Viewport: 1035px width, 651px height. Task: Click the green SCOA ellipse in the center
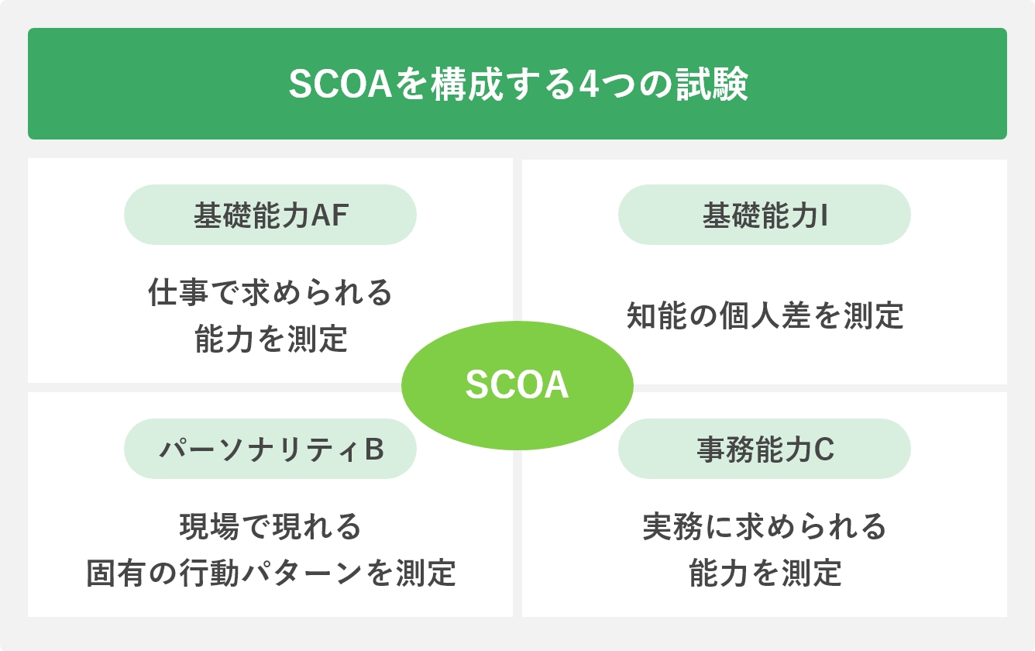click(517, 385)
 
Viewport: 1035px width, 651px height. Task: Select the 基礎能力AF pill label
click(270, 215)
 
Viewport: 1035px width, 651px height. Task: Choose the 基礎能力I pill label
click(764, 215)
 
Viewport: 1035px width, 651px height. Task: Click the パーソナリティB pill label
click(270, 449)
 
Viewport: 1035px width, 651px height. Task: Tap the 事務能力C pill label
click(764, 449)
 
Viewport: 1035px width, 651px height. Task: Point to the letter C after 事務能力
click(824, 450)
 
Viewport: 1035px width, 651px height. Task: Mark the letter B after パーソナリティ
click(374, 450)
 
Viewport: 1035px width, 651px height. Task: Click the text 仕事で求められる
click(270, 293)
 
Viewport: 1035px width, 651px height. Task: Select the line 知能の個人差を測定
click(765, 316)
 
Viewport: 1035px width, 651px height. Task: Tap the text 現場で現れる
click(270, 527)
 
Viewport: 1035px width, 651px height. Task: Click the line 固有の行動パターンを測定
click(270, 573)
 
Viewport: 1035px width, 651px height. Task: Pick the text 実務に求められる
click(765, 527)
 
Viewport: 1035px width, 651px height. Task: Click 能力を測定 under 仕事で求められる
click(270, 339)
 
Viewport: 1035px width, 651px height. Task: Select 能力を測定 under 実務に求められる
click(765, 573)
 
